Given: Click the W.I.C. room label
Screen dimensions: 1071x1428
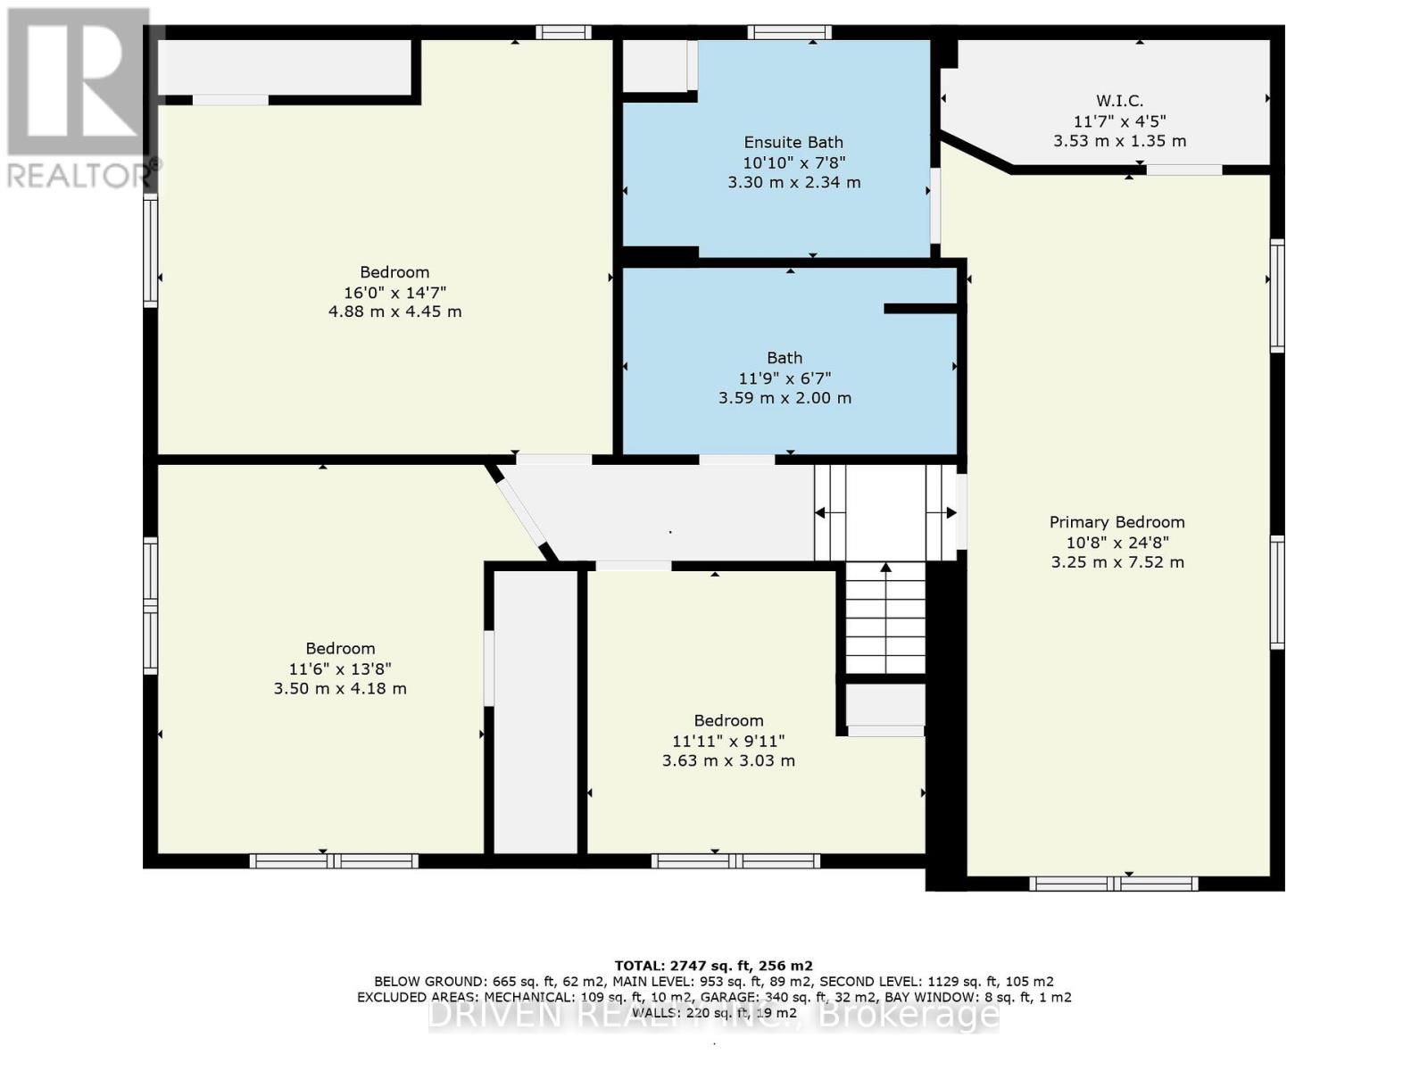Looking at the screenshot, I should point(1119,101).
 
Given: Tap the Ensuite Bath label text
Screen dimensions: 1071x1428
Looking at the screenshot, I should point(793,142).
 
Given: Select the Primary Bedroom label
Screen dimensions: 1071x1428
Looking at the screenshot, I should point(1117,522).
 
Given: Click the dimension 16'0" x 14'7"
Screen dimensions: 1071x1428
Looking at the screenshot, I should point(394,292).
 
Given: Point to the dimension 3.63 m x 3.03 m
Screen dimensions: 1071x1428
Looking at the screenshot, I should point(728,760).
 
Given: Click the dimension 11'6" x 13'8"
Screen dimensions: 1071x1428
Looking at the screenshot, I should point(340,668).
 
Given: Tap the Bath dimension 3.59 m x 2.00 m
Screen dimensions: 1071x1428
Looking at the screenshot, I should point(785,398).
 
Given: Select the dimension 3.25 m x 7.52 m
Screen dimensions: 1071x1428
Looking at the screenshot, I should point(1117,562).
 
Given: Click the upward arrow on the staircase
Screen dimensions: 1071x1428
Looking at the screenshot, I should point(885,568).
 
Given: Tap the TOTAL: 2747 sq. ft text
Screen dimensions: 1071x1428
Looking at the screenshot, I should point(713,966).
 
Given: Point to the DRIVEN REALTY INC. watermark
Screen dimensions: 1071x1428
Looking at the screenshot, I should point(713,1015).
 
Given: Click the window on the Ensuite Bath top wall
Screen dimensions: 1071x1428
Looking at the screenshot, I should point(789,33).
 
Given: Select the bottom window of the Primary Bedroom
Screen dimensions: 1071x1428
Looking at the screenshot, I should point(1113,884).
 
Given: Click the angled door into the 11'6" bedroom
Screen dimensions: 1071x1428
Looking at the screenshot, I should point(521,511).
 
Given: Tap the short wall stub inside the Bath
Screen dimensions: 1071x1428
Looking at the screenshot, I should point(920,309).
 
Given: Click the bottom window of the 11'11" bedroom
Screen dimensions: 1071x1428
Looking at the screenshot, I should point(735,861).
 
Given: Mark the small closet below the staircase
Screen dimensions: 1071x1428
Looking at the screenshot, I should point(884,705).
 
